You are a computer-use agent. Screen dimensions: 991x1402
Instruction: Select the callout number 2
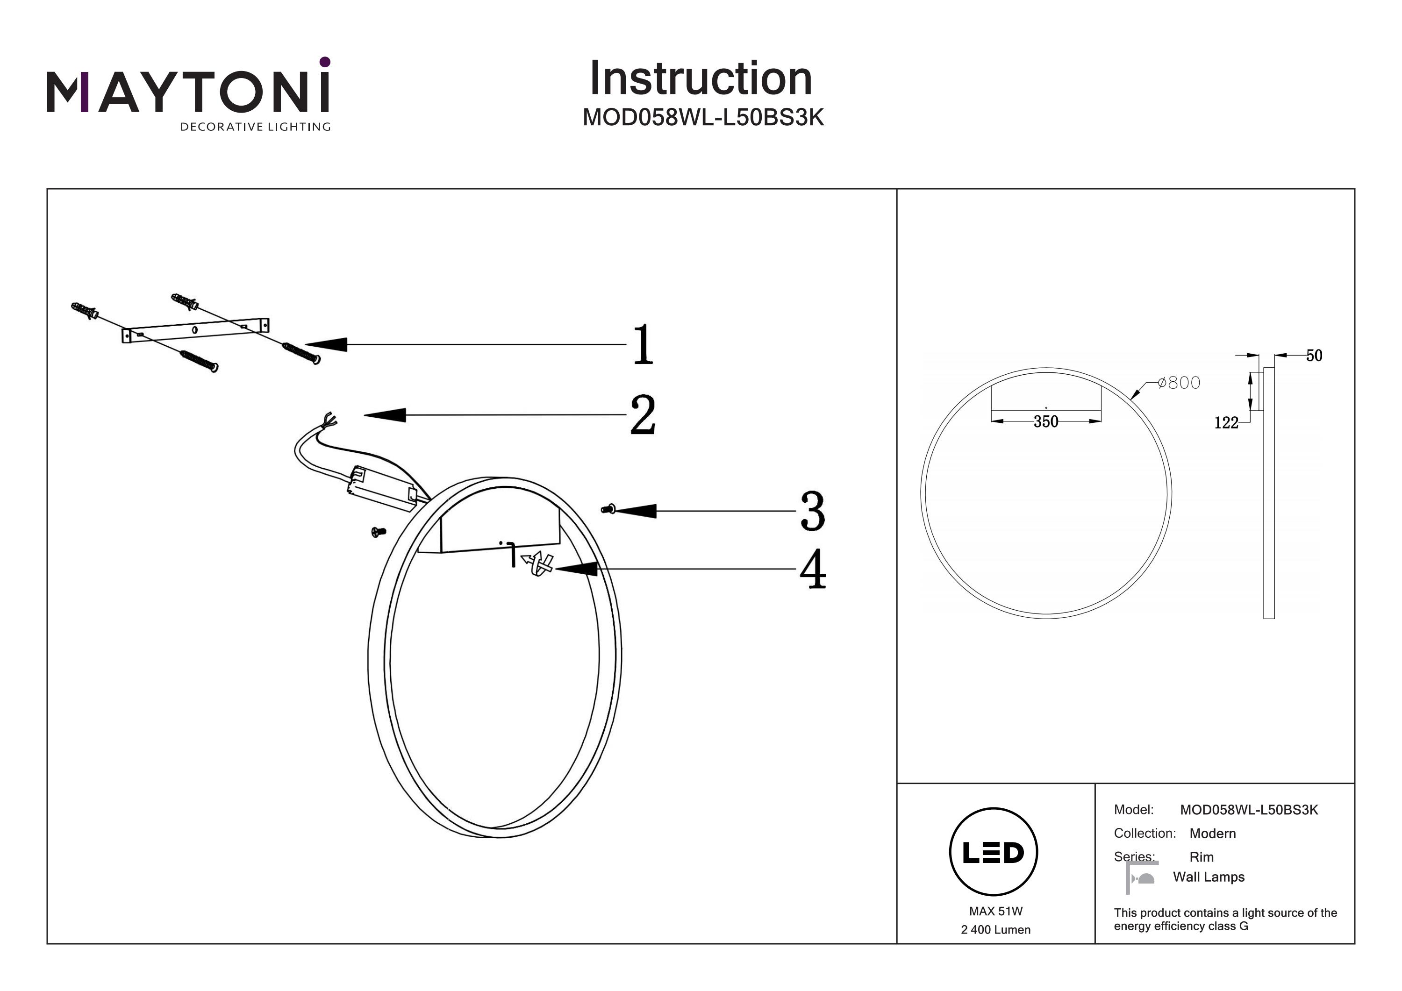(x=643, y=415)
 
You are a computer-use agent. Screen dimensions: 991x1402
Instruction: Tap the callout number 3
(x=812, y=511)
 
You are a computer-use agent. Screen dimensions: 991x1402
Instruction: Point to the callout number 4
(x=813, y=569)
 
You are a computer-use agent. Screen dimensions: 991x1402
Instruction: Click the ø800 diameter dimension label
(x=1179, y=383)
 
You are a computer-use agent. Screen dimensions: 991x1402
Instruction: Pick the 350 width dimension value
(x=1045, y=421)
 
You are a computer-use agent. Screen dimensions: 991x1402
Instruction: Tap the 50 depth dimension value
(x=1314, y=356)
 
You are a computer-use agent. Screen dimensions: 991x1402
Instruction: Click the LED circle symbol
(x=994, y=852)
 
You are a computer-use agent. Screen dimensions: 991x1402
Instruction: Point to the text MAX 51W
(x=995, y=911)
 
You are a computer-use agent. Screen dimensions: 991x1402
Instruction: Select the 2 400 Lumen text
(x=995, y=930)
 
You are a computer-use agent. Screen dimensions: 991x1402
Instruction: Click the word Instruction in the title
(x=701, y=79)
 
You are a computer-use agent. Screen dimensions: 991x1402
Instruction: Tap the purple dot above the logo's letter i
(x=325, y=62)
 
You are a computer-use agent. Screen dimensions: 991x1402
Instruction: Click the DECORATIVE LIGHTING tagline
(x=255, y=127)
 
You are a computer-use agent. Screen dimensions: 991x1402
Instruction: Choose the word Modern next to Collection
(x=1212, y=834)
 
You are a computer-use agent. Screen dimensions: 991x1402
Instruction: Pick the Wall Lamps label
(x=1209, y=877)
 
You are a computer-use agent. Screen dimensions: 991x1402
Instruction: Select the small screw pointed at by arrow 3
(x=608, y=509)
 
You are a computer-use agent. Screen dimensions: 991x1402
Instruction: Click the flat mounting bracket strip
(x=195, y=331)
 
